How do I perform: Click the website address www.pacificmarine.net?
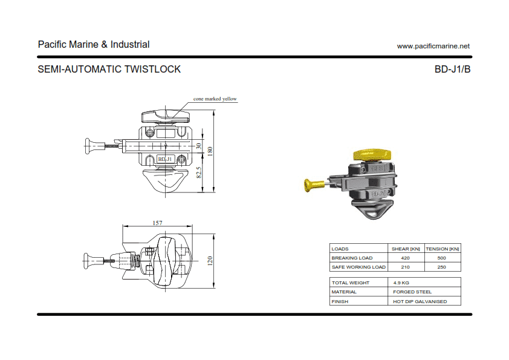tap(433, 46)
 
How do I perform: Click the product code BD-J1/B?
tap(452, 69)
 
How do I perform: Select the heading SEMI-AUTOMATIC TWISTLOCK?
tap(109, 69)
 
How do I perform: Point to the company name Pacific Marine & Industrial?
tap(94, 44)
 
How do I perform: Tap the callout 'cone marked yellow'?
tap(215, 99)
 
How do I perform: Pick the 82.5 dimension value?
tap(199, 173)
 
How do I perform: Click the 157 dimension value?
tap(157, 223)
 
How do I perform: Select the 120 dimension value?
tap(210, 261)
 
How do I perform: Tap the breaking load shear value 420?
tap(405, 258)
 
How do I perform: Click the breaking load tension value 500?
tap(441, 258)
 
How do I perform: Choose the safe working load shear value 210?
tap(405, 267)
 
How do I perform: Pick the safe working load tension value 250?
tap(441, 267)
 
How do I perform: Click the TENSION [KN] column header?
tap(442, 249)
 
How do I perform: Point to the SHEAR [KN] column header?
tap(406, 249)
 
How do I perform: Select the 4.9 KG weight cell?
tap(401, 283)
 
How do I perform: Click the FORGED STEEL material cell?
tap(412, 292)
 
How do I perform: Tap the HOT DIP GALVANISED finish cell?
tap(420, 301)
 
